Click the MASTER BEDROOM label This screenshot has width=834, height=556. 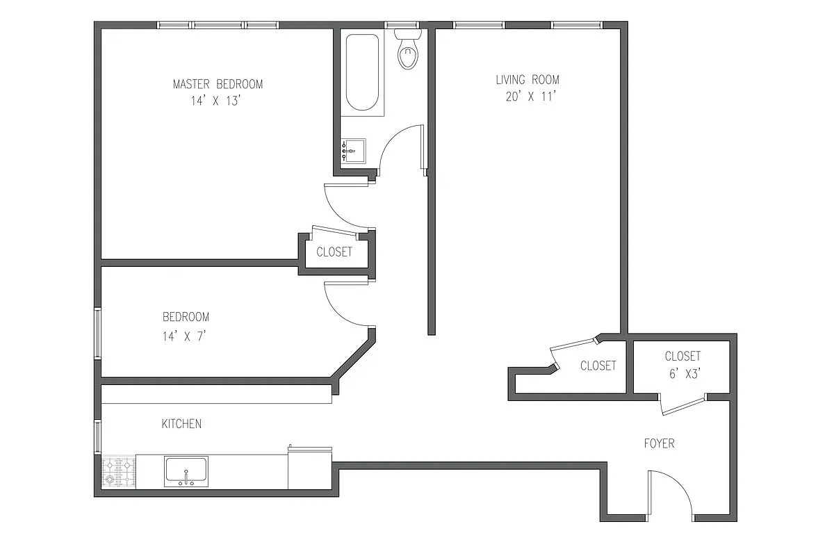click(218, 84)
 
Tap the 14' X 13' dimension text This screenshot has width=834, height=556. click(218, 101)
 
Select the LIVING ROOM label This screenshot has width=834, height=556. click(527, 80)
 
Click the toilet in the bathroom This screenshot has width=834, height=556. click(408, 51)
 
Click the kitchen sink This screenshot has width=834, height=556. click(186, 471)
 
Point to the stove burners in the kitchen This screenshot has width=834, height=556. click(118, 472)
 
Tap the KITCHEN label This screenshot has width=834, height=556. click(181, 423)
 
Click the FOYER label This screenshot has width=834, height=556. click(658, 443)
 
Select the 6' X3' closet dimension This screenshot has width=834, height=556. click(682, 373)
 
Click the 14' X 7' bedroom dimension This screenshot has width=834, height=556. click(185, 335)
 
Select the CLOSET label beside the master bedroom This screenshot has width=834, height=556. click(334, 252)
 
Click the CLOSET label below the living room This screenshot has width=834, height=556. click(598, 366)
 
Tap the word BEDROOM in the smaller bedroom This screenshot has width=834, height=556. click(186, 317)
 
